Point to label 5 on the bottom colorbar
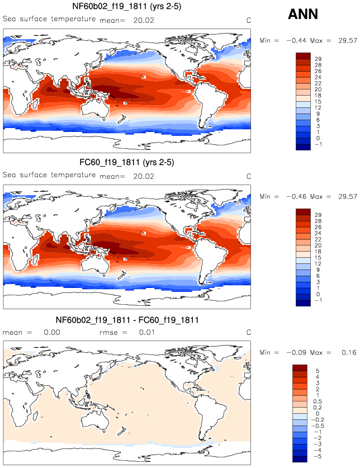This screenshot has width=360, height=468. point(318,371)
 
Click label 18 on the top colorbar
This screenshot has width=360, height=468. point(321,96)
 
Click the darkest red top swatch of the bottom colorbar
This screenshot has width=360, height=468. point(300,368)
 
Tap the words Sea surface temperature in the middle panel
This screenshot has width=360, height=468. point(49,175)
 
